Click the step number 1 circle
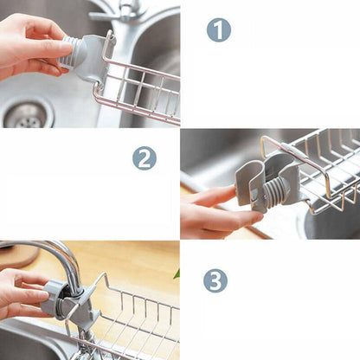point(219,30)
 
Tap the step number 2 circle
point(145,158)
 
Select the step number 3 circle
point(215,280)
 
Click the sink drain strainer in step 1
point(27,115)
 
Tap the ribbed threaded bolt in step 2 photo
point(273,192)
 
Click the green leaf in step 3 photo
point(177,274)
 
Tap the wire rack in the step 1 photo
point(138,87)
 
